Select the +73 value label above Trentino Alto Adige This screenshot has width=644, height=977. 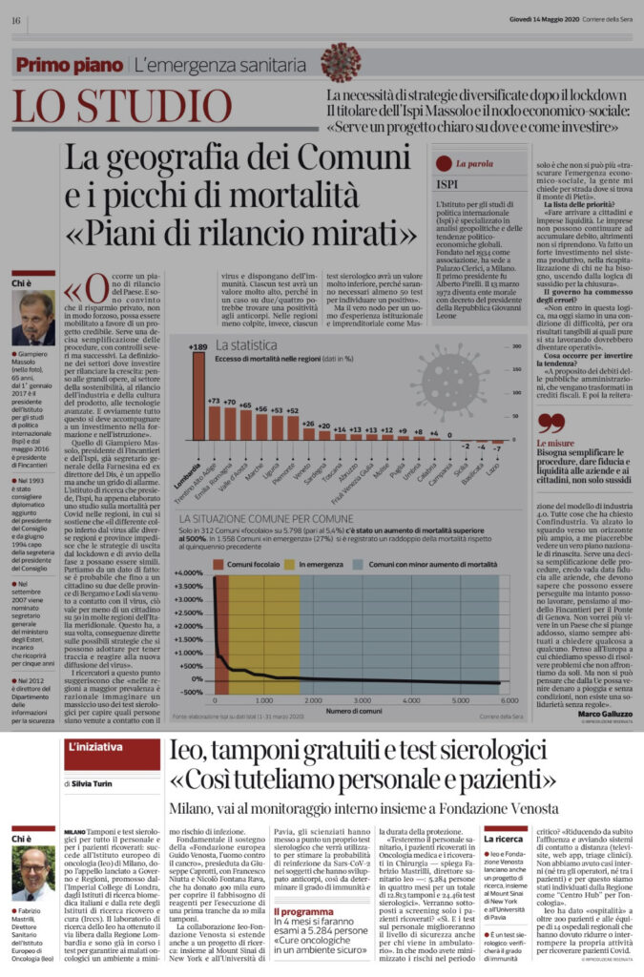tap(214, 401)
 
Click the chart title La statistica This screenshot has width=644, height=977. tap(245, 343)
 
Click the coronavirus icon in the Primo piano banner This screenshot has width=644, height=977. tap(341, 64)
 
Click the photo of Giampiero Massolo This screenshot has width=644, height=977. tap(33, 319)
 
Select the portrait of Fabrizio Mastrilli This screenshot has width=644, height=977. tap(33, 873)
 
